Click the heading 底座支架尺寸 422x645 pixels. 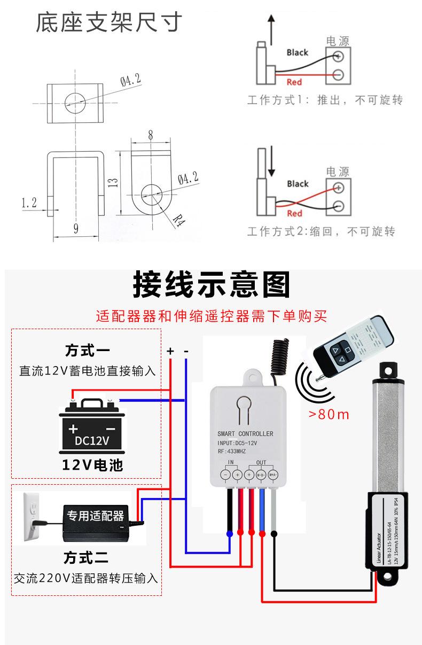tap(108, 22)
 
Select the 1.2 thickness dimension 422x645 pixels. tap(29, 203)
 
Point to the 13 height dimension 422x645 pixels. tap(113, 183)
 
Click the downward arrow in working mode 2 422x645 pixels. tap(271, 162)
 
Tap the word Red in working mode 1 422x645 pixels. tap(294, 82)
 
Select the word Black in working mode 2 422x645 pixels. tap(298, 184)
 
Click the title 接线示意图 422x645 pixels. tap(212, 285)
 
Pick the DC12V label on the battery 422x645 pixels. tap(91, 441)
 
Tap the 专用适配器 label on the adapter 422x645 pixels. tap(95, 516)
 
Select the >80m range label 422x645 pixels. tap(329, 414)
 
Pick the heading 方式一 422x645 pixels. tap(87, 351)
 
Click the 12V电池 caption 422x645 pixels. tap(92, 465)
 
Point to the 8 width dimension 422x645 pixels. tap(151, 135)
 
